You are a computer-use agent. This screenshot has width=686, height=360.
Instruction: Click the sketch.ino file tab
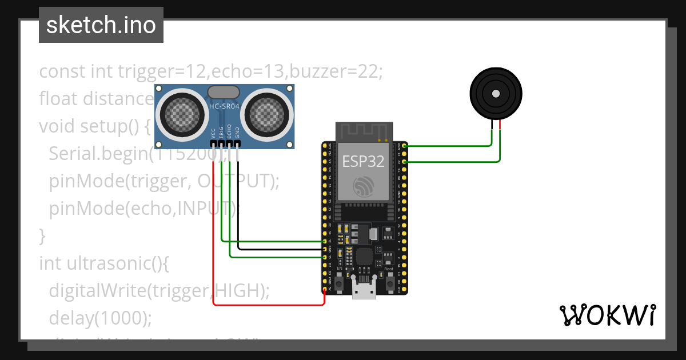101,25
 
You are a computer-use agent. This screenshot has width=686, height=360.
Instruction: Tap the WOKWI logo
607,315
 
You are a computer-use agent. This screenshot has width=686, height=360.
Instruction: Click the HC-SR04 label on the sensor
224,106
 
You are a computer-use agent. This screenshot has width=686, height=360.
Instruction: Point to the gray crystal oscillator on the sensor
224,91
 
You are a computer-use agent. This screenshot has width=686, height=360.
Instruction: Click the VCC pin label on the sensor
214,133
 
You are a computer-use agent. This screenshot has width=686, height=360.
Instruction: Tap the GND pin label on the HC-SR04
237,133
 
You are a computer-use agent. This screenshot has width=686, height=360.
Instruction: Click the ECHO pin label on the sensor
229,131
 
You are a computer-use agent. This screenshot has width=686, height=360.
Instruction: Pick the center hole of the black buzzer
496,93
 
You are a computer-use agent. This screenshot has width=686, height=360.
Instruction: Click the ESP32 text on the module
363,161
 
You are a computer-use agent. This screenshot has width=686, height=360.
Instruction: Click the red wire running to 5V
269,305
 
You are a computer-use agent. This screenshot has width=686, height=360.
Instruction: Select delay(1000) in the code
101,318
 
